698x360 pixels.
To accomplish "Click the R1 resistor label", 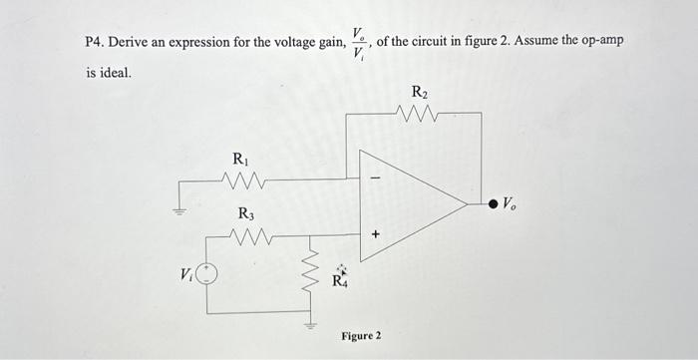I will tap(240, 159).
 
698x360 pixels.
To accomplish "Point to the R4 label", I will tap(341, 279).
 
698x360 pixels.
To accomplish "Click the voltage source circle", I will tap(206, 274).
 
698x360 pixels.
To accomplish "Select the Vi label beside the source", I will tap(185, 274).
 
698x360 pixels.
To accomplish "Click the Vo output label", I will tap(510, 203).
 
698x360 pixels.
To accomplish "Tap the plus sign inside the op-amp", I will tap(376, 236).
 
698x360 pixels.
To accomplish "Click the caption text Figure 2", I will tap(361, 335).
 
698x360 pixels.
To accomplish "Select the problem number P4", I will tap(95, 43).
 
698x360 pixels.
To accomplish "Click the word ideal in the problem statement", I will tap(115, 73).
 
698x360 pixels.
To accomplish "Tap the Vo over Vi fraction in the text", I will tap(359, 43).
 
